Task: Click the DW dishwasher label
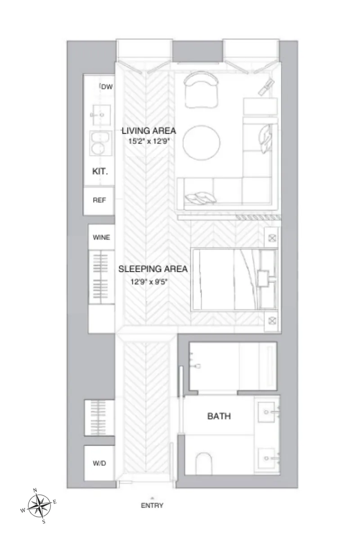coord(106,87)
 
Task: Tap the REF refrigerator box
coord(99,200)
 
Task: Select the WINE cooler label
coord(101,238)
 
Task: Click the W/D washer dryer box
coord(99,463)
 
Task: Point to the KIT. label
coord(100,171)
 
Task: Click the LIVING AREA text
coord(149,131)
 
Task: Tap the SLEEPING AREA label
coord(153,269)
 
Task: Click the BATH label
coord(219,416)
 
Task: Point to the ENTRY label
coord(152,505)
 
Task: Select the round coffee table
coord(202,142)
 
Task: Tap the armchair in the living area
coord(201,90)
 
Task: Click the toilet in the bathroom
coord(204,463)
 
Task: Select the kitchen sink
coord(99,115)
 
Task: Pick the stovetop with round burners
coord(99,143)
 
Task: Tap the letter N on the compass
coord(36,490)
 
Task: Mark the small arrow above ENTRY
coord(152,497)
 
